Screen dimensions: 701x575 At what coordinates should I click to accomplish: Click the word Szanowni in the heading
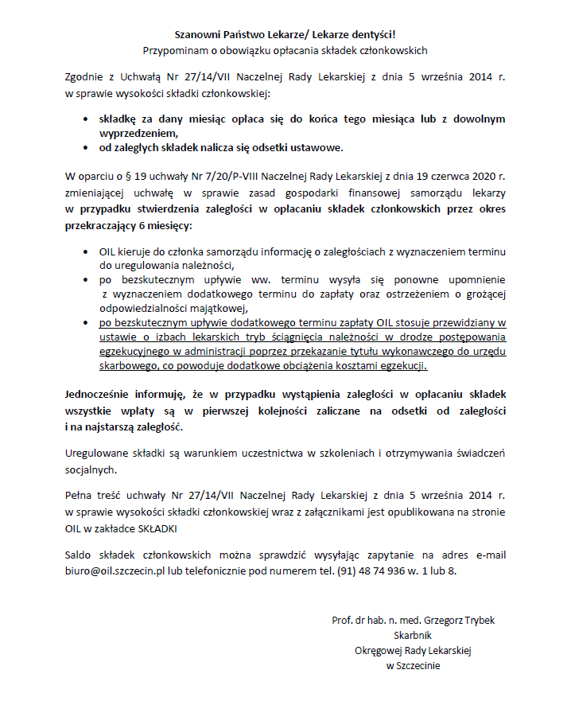[x=197, y=34]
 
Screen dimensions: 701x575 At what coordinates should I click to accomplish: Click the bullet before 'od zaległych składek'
[x=86, y=147]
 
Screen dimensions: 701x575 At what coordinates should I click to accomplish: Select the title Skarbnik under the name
[x=414, y=635]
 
